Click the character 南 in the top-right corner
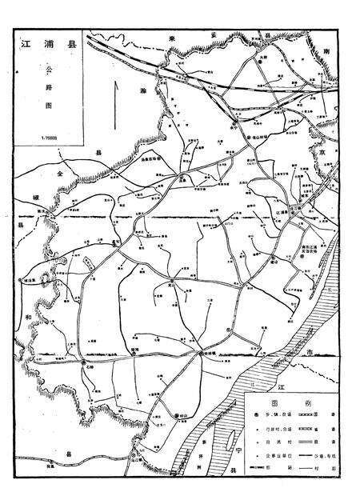pyautogui.click(x=329, y=50)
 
